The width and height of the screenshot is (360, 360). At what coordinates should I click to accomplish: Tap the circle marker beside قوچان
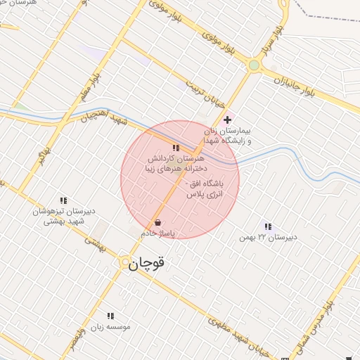126,263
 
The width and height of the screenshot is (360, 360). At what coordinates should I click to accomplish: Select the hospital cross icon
227,120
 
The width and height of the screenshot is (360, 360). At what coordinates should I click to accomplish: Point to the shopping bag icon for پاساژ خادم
156,222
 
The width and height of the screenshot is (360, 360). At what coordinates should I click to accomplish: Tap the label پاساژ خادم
157,233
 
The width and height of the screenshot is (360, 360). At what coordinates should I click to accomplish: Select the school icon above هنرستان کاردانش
176,148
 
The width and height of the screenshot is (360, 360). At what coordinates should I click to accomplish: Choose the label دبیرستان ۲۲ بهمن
268,237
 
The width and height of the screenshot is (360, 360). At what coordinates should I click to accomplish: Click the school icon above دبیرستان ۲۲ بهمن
268,226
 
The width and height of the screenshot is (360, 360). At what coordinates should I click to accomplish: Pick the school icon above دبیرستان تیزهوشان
64,200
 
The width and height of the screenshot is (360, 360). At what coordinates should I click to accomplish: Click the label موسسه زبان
110,327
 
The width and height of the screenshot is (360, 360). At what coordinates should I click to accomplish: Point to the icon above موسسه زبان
110,316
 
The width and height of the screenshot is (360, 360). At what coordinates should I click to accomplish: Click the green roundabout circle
254,66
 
